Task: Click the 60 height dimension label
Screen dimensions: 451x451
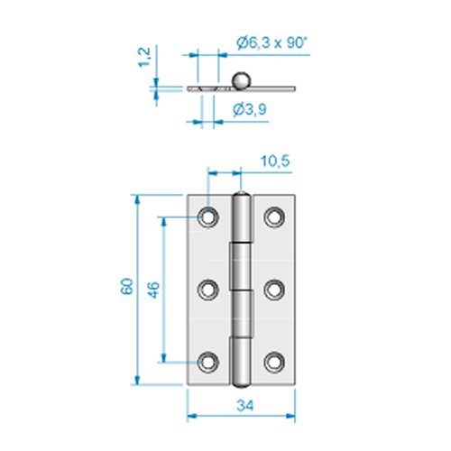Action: [x=127, y=288]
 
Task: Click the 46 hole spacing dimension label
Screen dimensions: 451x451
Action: [x=153, y=289]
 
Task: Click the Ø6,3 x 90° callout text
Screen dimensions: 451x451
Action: [x=270, y=42]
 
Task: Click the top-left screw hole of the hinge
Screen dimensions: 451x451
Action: [x=209, y=216]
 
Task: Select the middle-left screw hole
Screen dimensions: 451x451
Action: [x=209, y=290]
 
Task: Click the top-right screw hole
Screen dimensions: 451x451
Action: [x=274, y=216]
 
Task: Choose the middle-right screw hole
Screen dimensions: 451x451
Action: [x=274, y=290]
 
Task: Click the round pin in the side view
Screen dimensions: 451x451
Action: [x=242, y=80]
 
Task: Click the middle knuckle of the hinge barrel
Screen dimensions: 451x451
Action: [x=241, y=290]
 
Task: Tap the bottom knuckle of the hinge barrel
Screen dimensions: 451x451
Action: [x=242, y=361]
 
